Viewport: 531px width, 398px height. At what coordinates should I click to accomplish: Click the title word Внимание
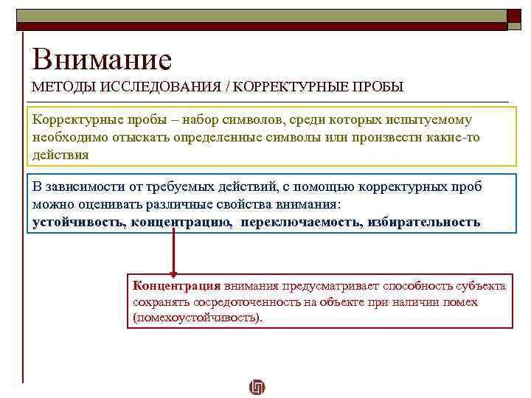[101, 59]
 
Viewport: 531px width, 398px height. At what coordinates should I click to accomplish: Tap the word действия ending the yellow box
[60, 156]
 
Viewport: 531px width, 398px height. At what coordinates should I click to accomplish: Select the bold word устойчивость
[79, 222]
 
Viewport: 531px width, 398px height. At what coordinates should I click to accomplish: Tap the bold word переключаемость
[299, 222]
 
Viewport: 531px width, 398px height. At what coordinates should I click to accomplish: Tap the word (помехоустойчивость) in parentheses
[197, 318]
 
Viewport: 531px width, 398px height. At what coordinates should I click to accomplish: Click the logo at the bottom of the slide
[257, 386]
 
